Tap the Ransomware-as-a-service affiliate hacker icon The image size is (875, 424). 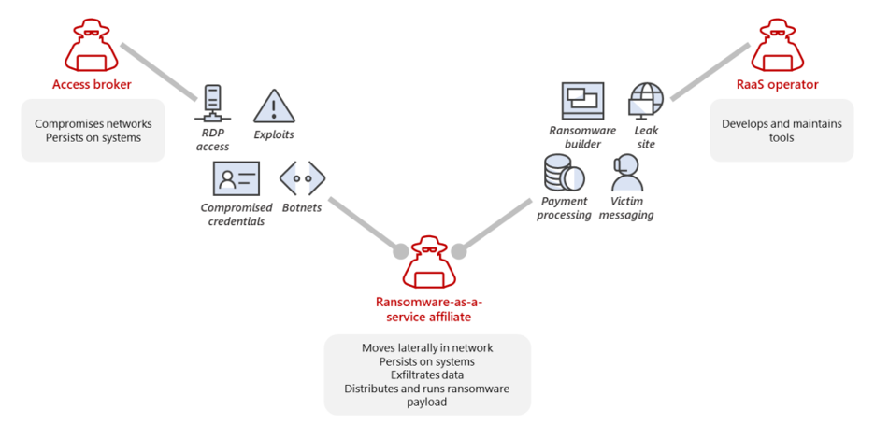click(429, 261)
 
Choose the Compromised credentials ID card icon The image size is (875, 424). click(237, 178)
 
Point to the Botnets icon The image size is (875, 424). click(303, 178)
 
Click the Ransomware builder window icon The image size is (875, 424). click(582, 101)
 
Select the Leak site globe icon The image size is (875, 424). click(646, 101)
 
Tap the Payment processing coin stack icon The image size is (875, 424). click(565, 174)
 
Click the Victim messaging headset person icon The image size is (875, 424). click(626, 174)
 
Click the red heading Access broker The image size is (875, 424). click(92, 85)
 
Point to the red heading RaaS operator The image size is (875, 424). click(778, 85)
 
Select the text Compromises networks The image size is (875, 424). click(93, 123)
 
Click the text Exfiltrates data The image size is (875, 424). click(427, 375)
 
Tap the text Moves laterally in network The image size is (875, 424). click(427, 348)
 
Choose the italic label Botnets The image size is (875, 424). click(302, 208)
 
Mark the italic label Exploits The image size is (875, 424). click(274, 134)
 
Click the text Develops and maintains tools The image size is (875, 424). click(782, 131)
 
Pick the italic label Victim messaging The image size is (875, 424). click(625, 208)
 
